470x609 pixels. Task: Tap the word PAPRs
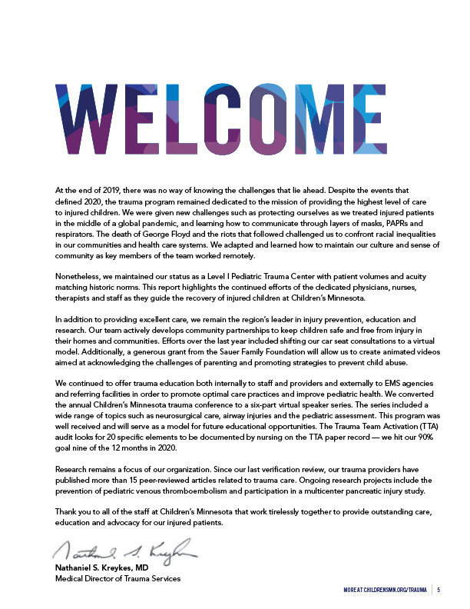click(x=370, y=218)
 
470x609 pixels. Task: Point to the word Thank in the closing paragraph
click(x=67, y=511)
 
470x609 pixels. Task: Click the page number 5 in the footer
click(x=439, y=591)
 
